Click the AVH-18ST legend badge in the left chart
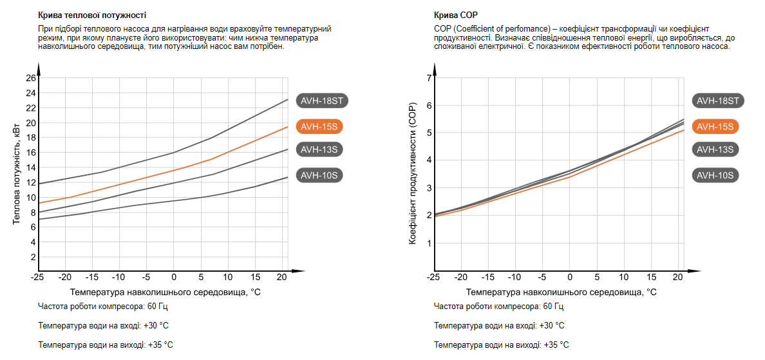(322, 100)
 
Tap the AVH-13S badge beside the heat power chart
(319, 149)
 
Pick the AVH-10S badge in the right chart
(715, 175)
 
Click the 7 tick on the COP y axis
(428, 78)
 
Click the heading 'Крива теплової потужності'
(92, 15)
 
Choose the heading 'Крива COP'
(456, 15)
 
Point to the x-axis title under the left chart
(165, 292)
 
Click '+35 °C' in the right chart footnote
(556, 345)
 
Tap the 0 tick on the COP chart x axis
(570, 277)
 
